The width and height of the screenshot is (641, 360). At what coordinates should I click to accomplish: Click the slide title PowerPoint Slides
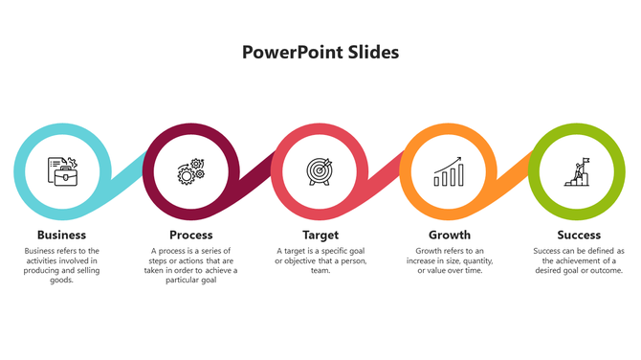coord(320,52)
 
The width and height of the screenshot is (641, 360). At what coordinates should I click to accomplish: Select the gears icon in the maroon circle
coord(191,172)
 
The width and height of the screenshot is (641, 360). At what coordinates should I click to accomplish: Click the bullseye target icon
coord(320,171)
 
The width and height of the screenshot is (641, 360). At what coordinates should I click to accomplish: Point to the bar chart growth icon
coord(448,173)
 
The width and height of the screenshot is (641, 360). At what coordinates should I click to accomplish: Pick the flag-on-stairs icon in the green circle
coord(577,172)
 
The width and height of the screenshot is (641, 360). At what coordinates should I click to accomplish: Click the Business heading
coord(62,235)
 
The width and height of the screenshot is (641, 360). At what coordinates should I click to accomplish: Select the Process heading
coord(190,235)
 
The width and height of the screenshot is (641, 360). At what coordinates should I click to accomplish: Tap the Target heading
coord(320,235)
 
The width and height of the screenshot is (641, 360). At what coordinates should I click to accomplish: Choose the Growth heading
coord(449,235)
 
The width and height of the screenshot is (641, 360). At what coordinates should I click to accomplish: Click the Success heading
coord(578,235)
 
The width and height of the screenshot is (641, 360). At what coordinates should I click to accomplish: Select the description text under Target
coord(320,260)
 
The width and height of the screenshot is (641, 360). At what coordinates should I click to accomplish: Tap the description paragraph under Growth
coord(449,260)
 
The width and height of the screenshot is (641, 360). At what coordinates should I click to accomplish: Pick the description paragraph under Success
coord(578,260)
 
